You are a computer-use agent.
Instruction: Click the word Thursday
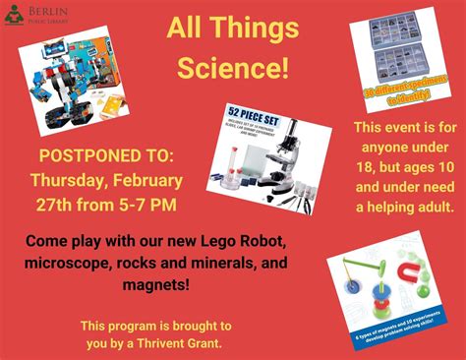[x=69, y=181]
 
